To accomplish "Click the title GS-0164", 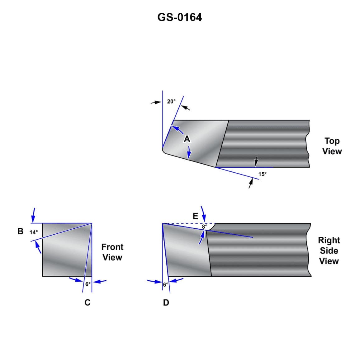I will (180, 17).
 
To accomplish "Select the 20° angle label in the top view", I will (171, 101).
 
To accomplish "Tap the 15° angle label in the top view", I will (262, 174).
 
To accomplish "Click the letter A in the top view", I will (187, 139).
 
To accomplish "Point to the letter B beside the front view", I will (21, 231).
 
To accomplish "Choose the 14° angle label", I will (34, 232).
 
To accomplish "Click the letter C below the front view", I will (88, 302).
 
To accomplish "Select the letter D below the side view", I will (166, 302).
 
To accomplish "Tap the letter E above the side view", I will (195, 216).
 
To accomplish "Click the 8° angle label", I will (204, 227).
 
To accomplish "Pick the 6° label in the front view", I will (88, 284).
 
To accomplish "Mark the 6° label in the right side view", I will (165, 284).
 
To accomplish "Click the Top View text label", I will (332, 146).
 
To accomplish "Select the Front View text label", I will (112, 252).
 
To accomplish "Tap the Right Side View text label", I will (329, 250).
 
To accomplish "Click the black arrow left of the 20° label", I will (156, 102).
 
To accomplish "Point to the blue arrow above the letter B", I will (34, 215).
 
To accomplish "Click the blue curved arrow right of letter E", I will (203, 213).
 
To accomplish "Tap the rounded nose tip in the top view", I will (164, 151).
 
